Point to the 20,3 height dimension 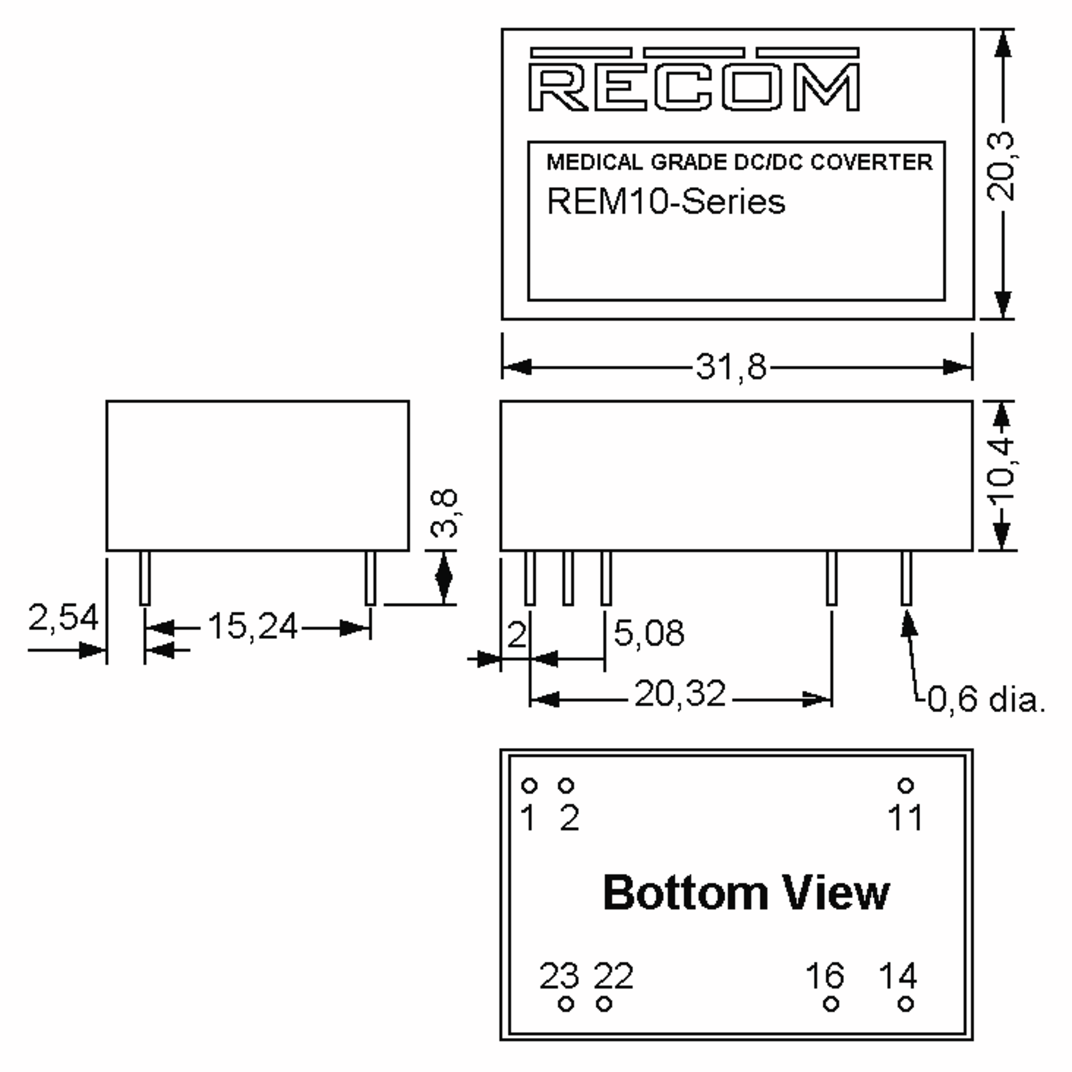pos(1001,167)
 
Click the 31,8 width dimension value pos(731,367)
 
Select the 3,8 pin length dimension pos(444,513)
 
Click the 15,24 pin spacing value pos(252,626)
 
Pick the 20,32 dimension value pos(680,694)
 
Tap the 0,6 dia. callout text pos(986,699)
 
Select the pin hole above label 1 pos(529,786)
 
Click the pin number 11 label pos(905,817)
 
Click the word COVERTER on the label pos(871,162)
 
